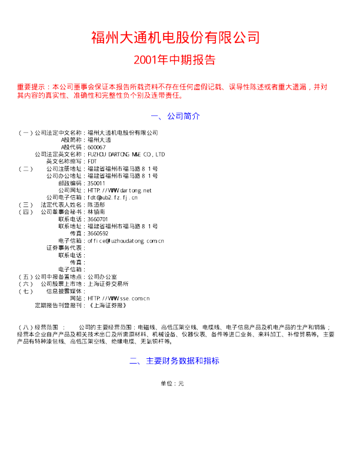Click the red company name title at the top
click(175, 38)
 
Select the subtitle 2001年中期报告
click(175, 61)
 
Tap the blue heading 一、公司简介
click(175, 116)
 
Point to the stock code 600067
click(96, 147)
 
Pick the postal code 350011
click(96, 182)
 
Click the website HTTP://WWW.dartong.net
click(119, 190)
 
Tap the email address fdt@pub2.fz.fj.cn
click(112, 197)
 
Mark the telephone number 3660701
click(98, 219)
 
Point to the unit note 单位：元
click(172, 384)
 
